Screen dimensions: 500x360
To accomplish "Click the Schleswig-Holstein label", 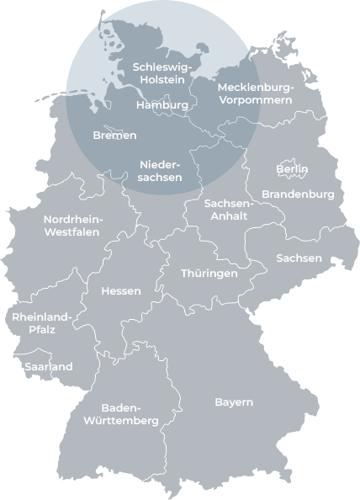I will (163, 72).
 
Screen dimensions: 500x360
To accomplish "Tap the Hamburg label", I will (161, 105).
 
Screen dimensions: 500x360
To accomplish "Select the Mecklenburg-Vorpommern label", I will (255, 93).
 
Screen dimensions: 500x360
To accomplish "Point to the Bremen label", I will (114, 135).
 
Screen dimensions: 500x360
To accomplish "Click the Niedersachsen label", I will (160, 171).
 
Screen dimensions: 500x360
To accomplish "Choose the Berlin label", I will (292, 169).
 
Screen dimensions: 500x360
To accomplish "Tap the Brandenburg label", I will (298, 194).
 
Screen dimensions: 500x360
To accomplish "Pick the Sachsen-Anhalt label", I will (228, 210).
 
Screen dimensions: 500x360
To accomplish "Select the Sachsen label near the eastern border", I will (299, 258).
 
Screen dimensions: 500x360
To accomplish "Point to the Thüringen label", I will (209, 274).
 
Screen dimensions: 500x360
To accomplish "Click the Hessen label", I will (120, 291).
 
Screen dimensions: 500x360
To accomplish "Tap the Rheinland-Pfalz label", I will (42, 324).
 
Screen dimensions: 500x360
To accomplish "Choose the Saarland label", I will (48, 367).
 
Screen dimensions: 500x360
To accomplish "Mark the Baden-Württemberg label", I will (121, 414).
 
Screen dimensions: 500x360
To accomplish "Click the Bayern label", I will (234, 402).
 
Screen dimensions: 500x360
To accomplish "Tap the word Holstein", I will (163, 79).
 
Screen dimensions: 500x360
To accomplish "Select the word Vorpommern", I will (256, 99).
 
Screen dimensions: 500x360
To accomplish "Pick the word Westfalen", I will (71, 231).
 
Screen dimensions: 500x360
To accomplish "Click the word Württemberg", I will (121, 421).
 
